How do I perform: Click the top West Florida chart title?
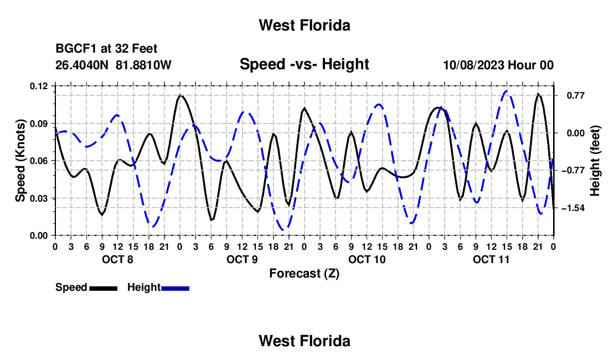point(304,25)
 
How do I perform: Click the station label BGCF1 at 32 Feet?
point(106,49)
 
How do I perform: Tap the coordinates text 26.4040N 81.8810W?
point(113,65)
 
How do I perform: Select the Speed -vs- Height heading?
point(304,64)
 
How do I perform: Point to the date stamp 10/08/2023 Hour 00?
point(498,65)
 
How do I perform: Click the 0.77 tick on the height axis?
point(576,95)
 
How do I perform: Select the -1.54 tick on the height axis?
point(573,208)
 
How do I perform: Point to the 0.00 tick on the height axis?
point(576,133)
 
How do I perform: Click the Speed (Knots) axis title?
point(20,161)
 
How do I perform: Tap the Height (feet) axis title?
point(595,161)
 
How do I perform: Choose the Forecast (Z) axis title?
point(304,274)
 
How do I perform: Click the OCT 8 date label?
point(117,259)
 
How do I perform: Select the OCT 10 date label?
point(367,259)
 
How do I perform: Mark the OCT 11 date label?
point(491,259)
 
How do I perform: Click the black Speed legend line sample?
point(104,289)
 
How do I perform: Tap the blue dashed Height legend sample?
point(175,289)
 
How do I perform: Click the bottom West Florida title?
point(304,341)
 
